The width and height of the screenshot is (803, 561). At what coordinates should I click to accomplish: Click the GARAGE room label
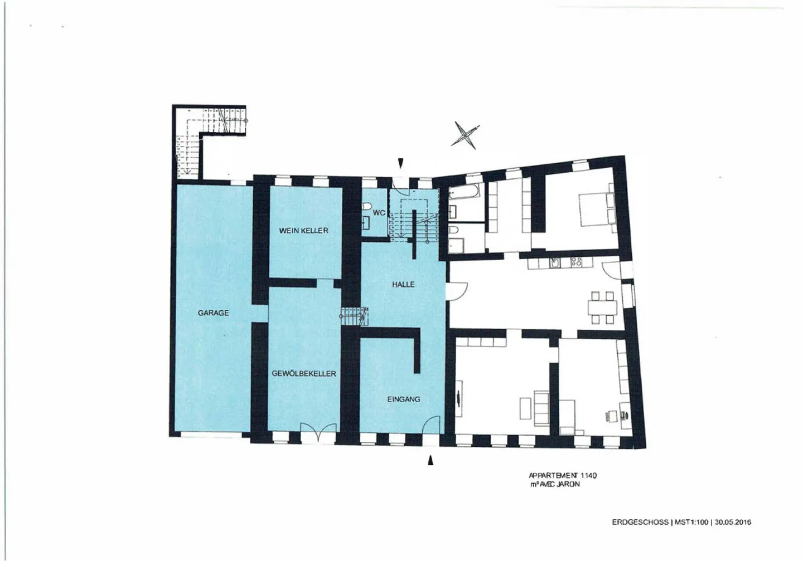pos(213,313)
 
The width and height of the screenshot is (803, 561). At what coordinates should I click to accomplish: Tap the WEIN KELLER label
pos(303,231)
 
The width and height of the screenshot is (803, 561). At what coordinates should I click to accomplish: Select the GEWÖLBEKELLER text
pos(304,374)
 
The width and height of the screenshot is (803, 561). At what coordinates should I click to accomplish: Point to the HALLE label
pos(403,285)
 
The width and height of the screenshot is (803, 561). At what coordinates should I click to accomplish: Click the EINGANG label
pos(404,399)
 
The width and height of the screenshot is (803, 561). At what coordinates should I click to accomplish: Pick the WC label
pos(379,213)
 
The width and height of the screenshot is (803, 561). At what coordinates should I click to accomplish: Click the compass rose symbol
pos(465,135)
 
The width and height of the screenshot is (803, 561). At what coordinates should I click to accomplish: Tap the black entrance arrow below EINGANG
pos(430,461)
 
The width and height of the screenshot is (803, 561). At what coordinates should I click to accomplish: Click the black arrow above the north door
pos(400,163)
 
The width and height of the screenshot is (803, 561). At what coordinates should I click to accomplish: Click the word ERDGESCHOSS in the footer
pos(640,523)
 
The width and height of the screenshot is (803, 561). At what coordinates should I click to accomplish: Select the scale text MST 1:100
pos(691,523)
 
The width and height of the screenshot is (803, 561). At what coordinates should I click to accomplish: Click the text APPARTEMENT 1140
pos(563,476)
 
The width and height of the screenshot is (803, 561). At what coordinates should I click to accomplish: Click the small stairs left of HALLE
pos(354,316)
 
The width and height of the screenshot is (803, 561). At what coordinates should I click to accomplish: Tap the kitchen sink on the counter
pos(555,263)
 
